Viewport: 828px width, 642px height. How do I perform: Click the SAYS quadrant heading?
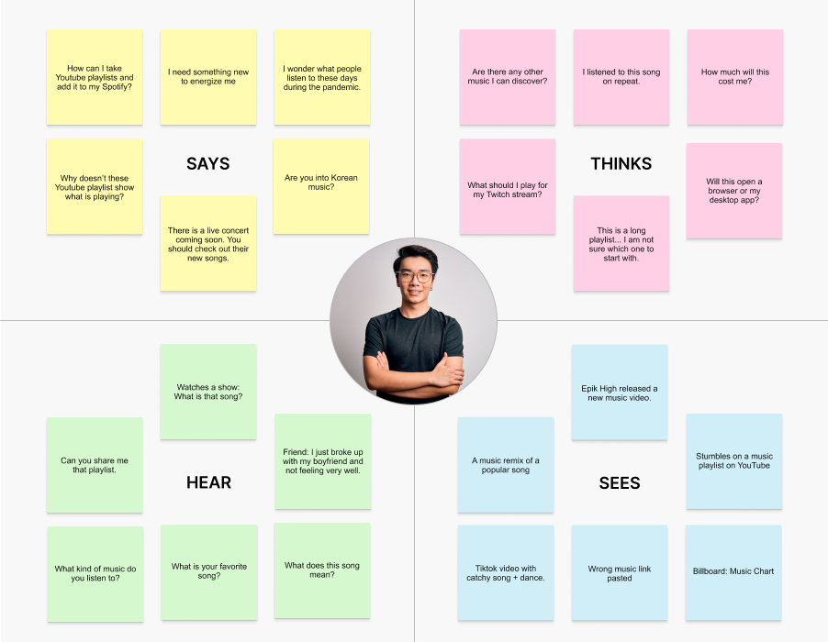[x=207, y=164]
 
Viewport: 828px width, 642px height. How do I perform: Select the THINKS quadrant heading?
[x=621, y=164]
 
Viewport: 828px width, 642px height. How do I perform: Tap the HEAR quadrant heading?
[x=208, y=482]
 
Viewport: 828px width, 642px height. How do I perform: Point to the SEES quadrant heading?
[x=620, y=483]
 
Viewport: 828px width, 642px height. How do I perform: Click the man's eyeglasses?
[x=415, y=276]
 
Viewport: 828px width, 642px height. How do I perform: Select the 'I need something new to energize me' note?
[x=208, y=77]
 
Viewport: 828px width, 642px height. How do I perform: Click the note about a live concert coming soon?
[x=208, y=244]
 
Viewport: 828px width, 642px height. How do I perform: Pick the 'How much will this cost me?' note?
[x=735, y=77]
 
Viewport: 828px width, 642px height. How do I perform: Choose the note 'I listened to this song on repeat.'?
[x=621, y=77]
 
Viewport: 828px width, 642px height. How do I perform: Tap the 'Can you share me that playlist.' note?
[x=95, y=465]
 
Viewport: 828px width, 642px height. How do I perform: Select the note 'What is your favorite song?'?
[x=208, y=571]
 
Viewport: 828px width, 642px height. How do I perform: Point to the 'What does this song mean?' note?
[x=322, y=570]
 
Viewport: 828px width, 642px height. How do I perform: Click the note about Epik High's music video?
[x=620, y=393]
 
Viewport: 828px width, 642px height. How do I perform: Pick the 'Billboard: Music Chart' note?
[x=733, y=571]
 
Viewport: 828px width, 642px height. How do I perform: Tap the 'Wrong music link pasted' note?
[x=620, y=573]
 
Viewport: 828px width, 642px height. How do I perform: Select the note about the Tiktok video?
[x=506, y=573]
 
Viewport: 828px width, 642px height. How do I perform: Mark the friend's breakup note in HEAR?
[x=322, y=461]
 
